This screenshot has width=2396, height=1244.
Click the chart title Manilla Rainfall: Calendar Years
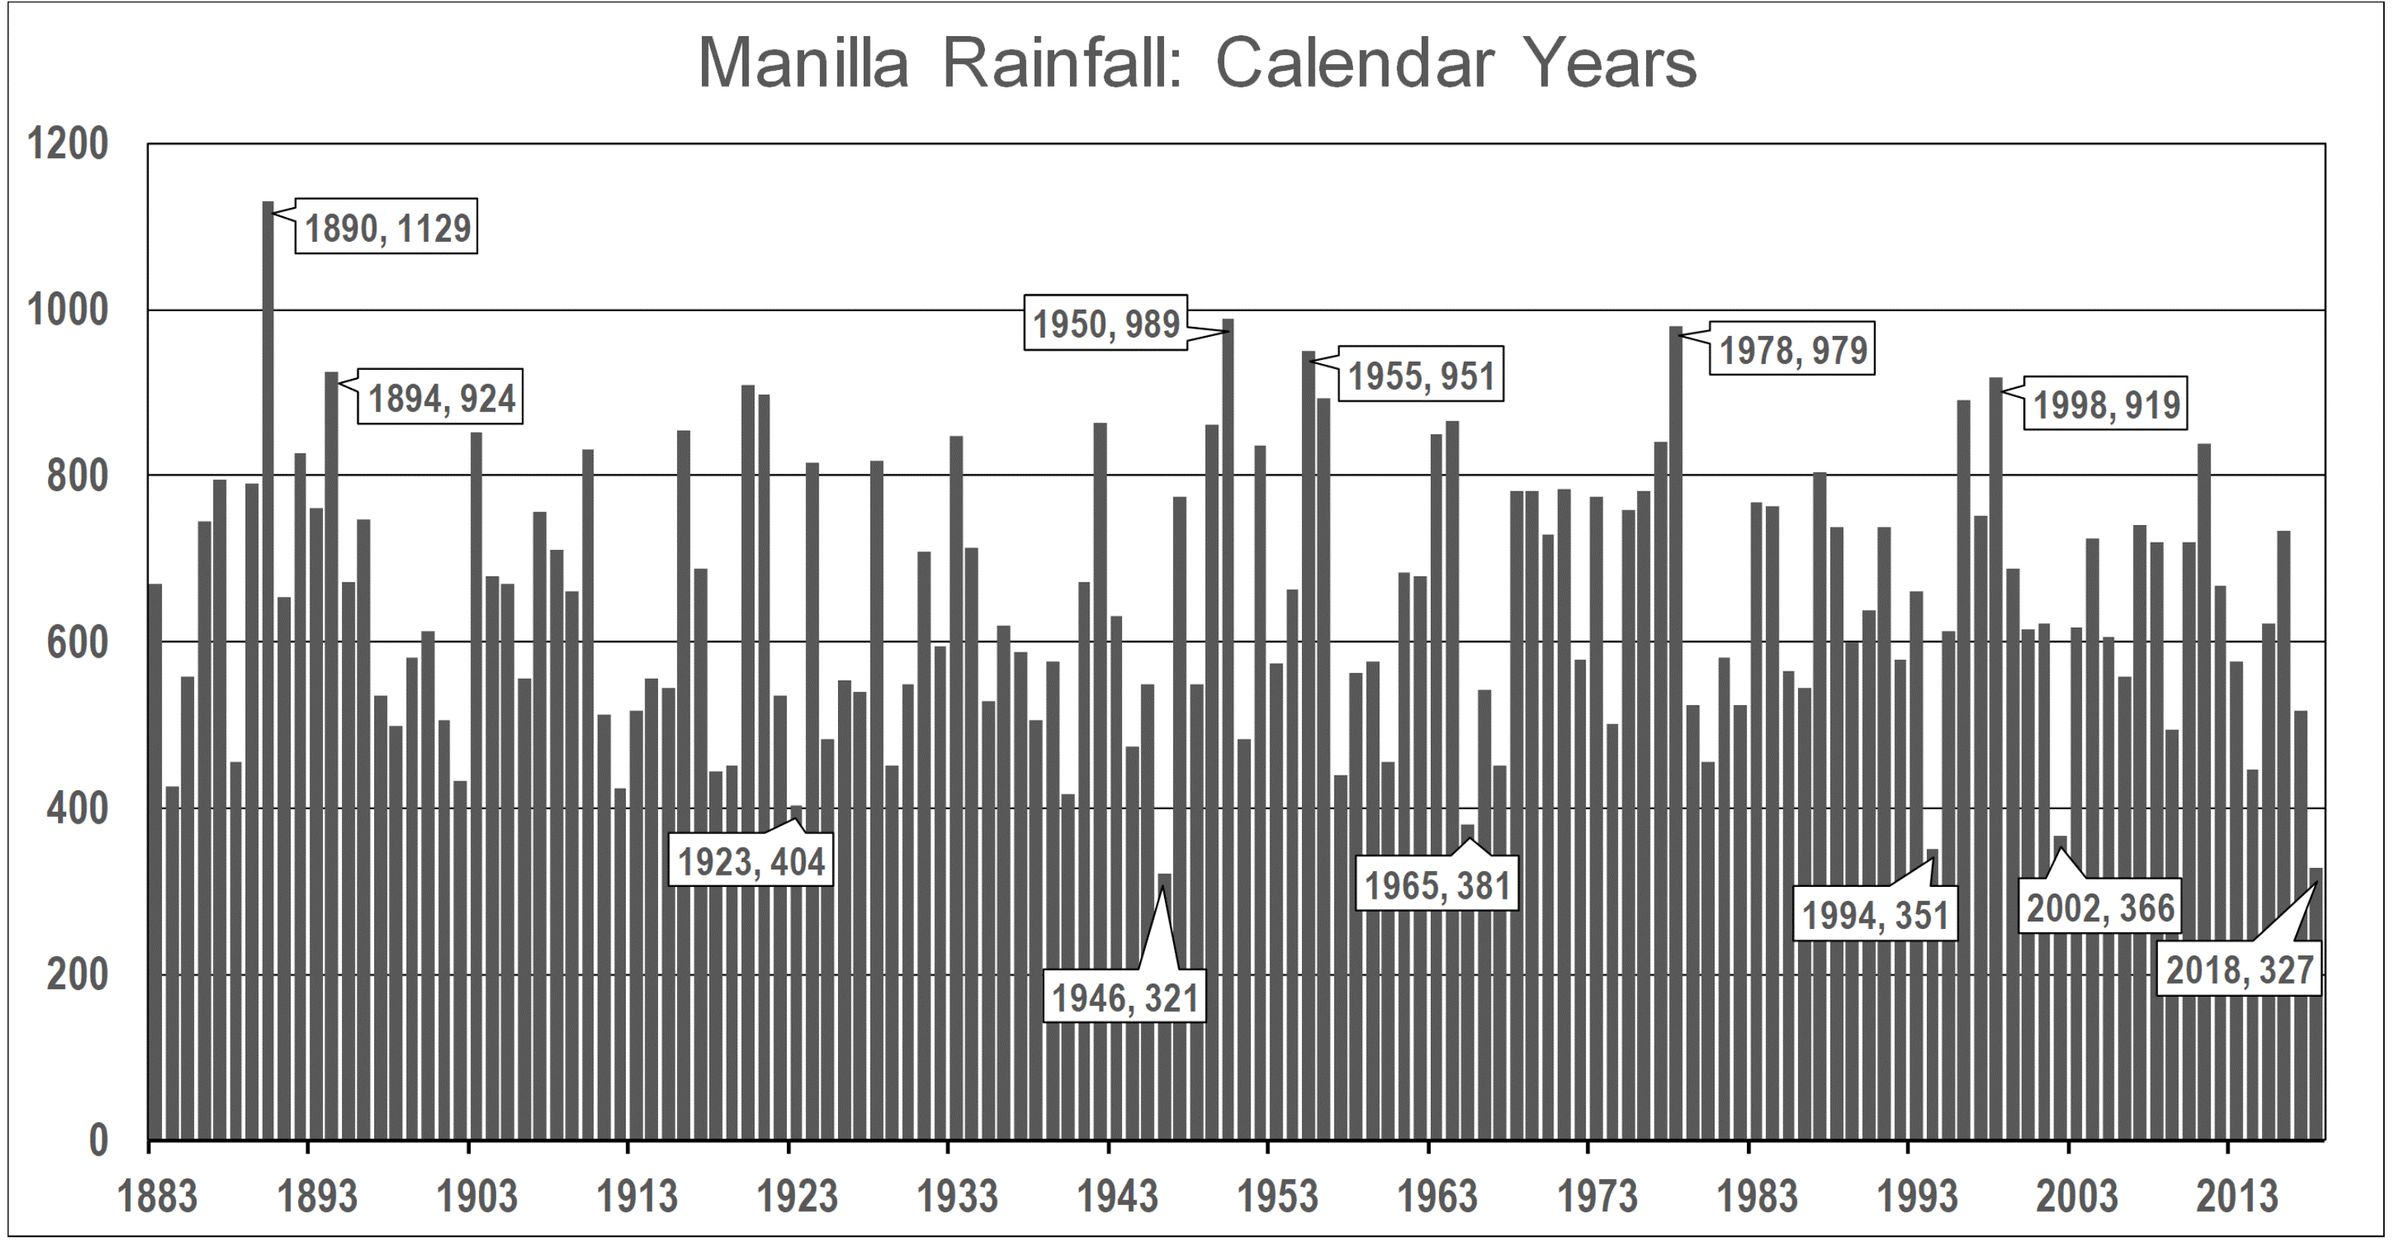coord(1197,63)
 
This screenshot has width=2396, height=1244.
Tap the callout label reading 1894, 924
coord(442,399)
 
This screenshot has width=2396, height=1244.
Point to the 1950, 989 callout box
coord(1106,324)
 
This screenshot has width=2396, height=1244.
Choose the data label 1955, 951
coord(1421,376)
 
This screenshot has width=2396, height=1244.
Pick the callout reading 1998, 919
coord(2107,405)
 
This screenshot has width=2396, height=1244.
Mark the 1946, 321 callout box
coord(1124,998)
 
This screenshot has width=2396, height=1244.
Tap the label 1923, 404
coord(751,861)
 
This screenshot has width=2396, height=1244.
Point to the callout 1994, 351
coord(1875,915)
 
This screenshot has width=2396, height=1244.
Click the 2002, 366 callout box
coord(2100,908)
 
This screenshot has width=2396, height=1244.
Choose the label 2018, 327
coord(2239,970)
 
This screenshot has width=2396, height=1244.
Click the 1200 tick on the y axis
coord(68,145)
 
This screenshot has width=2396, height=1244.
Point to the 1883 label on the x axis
coord(158,1197)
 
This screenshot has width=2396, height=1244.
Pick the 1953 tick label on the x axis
coord(1277,1197)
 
